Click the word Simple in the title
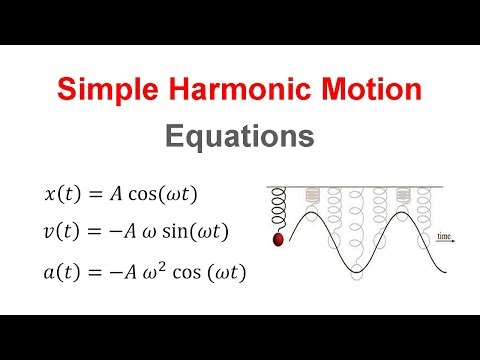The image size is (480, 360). point(107,90)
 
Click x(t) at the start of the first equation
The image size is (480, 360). point(64,194)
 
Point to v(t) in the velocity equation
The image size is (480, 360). point(64,232)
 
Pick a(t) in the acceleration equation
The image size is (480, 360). point(64,271)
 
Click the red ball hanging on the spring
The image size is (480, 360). point(278,239)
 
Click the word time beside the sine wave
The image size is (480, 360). point(445,235)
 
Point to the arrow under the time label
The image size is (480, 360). point(446,242)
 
